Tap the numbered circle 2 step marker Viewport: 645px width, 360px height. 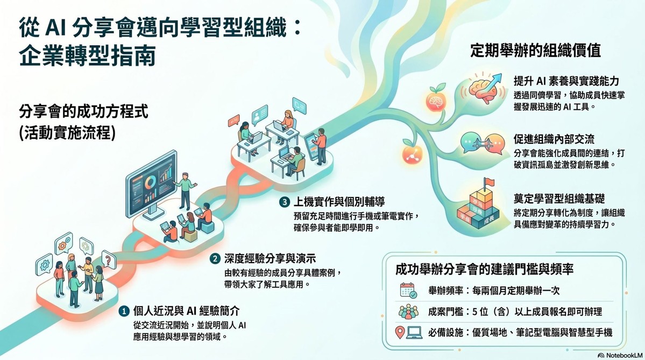click(x=215, y=259)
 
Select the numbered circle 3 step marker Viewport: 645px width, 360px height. click(x=284, y=202)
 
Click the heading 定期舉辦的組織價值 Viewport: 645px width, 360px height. click(x=535, y=51)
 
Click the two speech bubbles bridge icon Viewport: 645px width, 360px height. click(x=482, y=143)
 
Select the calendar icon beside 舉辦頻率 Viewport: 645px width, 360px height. click(x=408, y=291)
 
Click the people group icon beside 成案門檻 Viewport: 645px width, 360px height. click(x=408, y=312)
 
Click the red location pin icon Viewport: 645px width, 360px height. click(x=399, y=333)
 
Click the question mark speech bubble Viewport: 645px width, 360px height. click(x=108, y=260)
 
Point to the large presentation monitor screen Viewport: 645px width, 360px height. click(x=151, y=182)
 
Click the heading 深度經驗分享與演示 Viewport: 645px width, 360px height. click(x=270, y=259)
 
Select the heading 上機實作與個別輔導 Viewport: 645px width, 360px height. click(x=339, y=202)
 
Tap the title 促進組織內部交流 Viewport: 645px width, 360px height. click(x=554, y=139)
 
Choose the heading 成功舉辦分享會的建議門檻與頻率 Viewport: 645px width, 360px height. click(x=485, y=270)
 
